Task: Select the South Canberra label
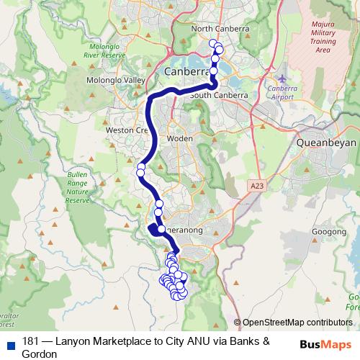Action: [220, 95]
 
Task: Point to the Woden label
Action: [176, 138]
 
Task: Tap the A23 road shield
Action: [258, 186]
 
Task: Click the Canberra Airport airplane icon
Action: [281, 77]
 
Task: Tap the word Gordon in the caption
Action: [40, 354]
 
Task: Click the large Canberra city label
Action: [187, 71]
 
